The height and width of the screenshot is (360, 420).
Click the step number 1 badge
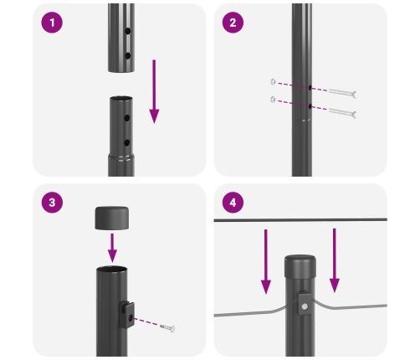[x=53, y=23]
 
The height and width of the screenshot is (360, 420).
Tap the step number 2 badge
[x=233, y=23]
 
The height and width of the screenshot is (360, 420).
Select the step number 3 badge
[x=53, y=203]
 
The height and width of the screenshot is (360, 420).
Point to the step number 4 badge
[x=233, y=203]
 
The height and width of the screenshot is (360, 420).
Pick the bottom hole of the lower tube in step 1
[x=126, y=143]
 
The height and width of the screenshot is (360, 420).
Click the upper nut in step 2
[x=274, y=81]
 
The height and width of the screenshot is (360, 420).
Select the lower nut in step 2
[x=274, y=100]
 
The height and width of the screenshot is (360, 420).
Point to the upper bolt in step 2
[x=341, y=93]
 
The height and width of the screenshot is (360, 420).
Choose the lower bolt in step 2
[x=341, y=112]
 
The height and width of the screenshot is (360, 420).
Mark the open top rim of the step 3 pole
[x=113, y=270]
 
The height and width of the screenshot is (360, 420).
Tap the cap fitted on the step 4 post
[x=301, y=268]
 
